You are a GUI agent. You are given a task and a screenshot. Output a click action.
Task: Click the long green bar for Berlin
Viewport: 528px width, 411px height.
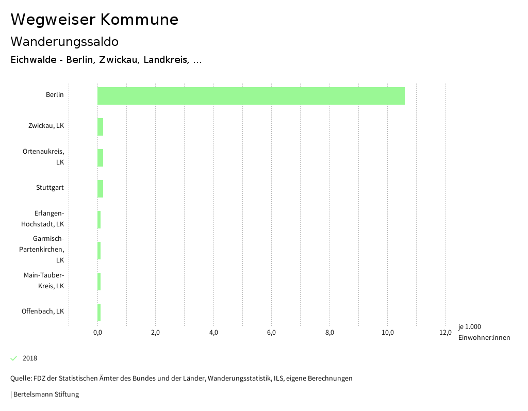click(251, 96)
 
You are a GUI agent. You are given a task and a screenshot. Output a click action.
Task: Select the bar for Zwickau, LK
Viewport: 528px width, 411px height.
click(100, 127)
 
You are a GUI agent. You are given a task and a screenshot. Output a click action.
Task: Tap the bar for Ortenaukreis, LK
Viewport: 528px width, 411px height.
click(100, 158)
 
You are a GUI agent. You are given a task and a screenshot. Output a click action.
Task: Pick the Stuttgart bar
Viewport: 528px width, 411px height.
click(100, 189)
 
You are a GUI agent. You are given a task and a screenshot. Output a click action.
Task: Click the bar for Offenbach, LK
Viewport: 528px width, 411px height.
click(99, 313)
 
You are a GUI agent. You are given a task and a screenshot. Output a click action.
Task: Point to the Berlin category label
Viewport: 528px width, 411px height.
click(55, 95)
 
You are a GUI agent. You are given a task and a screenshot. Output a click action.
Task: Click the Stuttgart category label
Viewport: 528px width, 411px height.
click(50, 188)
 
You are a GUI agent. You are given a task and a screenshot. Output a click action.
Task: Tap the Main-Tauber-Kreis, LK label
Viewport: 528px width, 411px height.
click(44, 281)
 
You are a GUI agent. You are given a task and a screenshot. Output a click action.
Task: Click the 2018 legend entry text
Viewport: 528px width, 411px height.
click(30, 358)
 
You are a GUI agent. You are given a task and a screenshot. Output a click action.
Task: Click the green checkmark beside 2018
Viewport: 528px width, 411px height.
click(14, 358)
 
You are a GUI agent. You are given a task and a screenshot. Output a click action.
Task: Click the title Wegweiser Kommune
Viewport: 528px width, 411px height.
click(94, 20)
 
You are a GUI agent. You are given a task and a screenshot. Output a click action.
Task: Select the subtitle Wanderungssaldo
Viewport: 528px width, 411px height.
click(64, 41)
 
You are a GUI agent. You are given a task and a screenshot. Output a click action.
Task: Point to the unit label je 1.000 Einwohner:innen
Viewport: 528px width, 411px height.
click(484, 332)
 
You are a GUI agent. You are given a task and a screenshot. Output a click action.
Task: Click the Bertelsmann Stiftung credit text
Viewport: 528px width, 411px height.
click(45, 394)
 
